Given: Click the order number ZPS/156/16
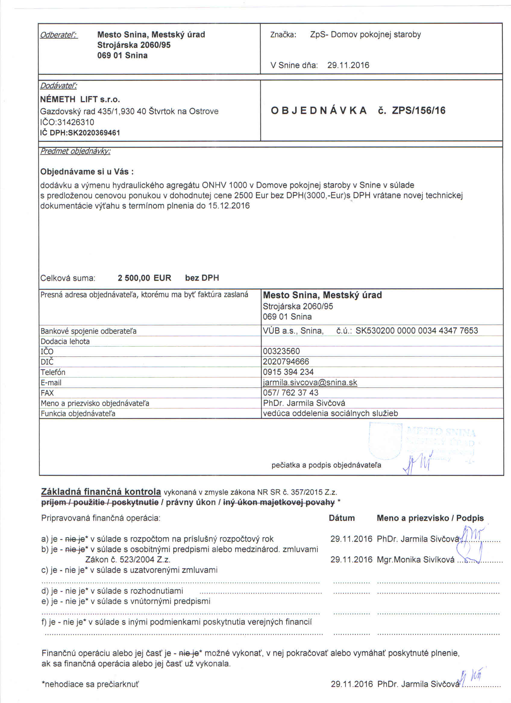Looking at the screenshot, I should pos(419,111).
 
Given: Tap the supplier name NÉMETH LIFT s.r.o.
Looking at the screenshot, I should pos(80,100).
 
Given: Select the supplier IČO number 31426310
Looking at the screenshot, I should pos(76,122).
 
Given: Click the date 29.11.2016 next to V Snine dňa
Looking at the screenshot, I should pos(348,65).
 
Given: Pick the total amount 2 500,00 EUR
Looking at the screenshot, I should pos(144,278).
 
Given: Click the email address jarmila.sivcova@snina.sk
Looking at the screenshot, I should pos(310,382).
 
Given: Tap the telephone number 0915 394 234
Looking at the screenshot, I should pos(288,372).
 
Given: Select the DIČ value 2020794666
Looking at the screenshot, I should pos(286,361).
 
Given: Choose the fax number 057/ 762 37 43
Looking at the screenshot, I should pos(290,393).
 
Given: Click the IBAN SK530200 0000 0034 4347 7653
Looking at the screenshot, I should pos(416,331).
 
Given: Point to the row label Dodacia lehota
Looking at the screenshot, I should pos(65,341).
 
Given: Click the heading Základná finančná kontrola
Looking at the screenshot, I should pos(101,492).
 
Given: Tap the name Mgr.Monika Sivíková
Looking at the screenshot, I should pos(415,559).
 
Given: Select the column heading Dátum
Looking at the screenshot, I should pos(342,518).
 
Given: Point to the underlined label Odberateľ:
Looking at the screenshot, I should pos(59,35).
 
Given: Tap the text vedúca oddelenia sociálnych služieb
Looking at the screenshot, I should pos(330,413).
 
